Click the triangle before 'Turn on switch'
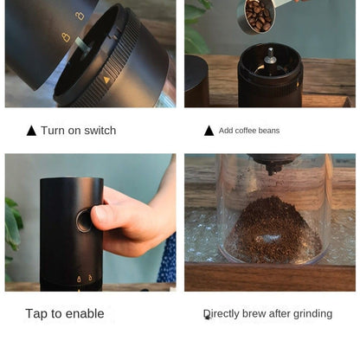pos(32,131)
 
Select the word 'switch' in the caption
pos(99,131)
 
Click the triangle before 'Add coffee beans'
pos(209,131)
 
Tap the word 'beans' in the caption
pos(267,131)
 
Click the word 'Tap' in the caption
pos(36,313)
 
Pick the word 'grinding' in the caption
pos(311,313)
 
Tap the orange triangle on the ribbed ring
pos(106,79)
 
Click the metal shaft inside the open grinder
pos(270,57)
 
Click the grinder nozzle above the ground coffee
pos(271,162)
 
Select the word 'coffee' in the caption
pos(241,131)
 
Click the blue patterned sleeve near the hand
pos(167,260)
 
